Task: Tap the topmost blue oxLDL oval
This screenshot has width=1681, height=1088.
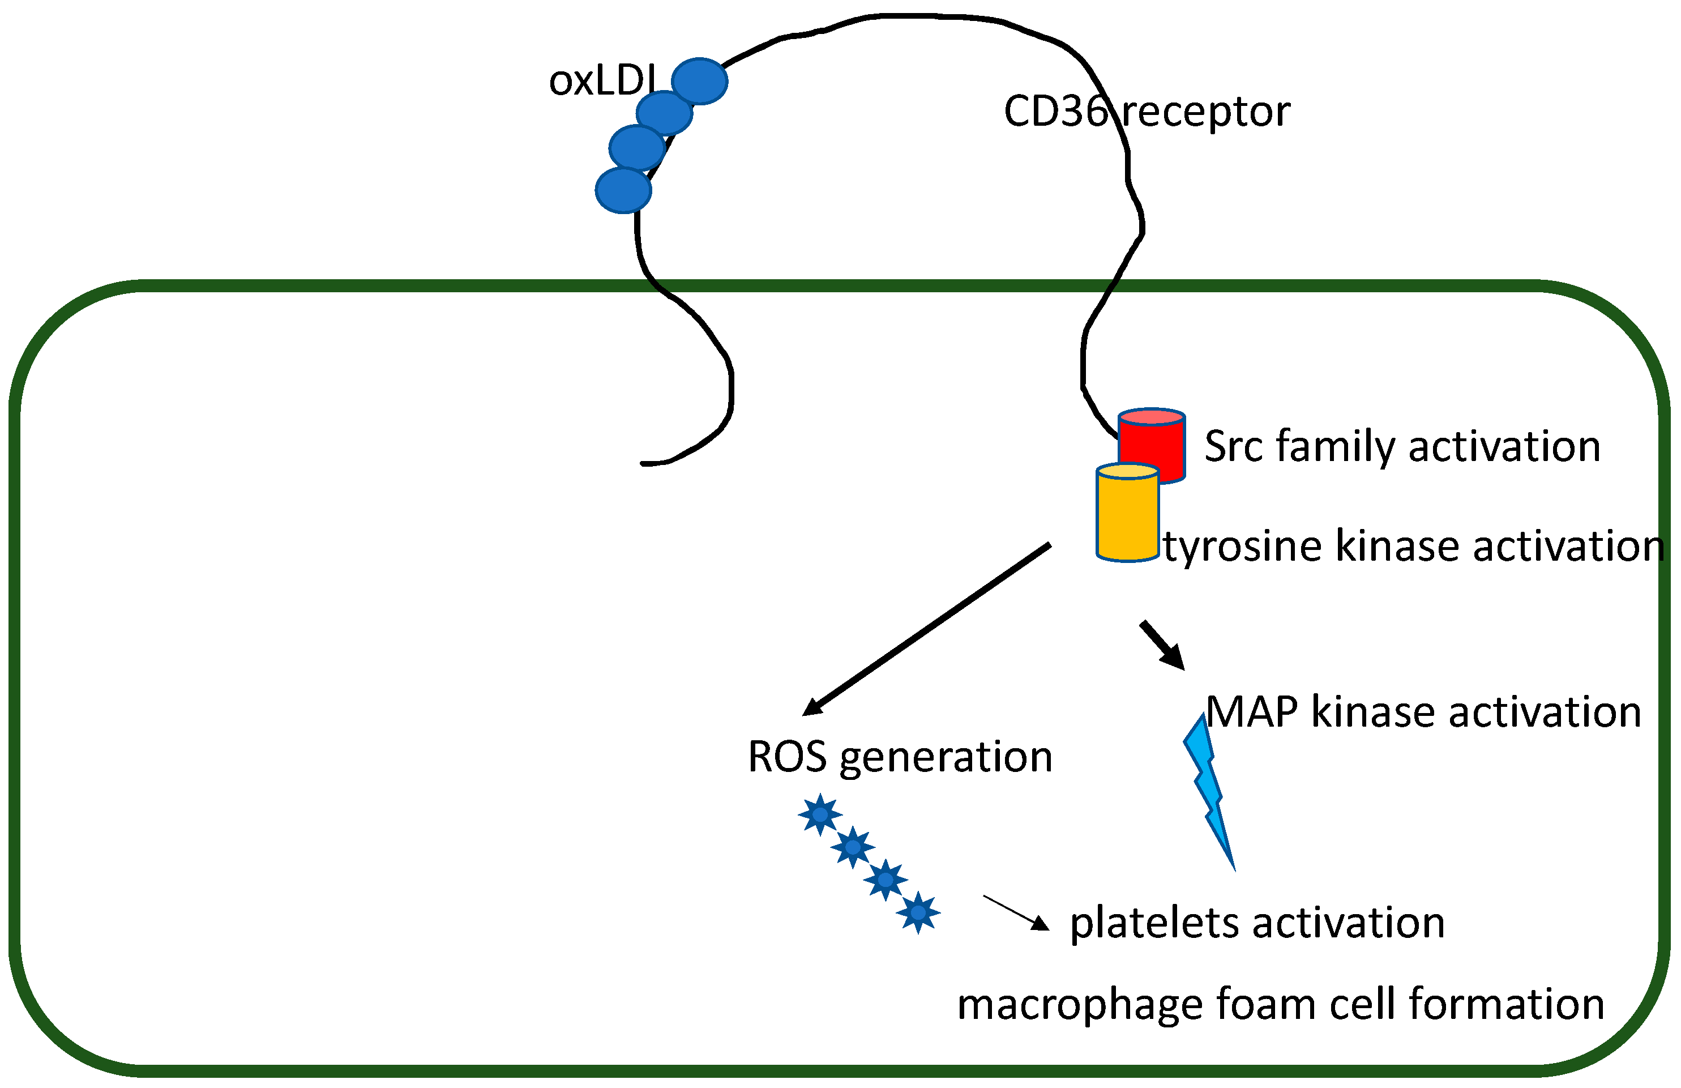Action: click(x=699, y=81)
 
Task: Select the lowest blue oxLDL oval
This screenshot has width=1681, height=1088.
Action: click(x=623, y=190)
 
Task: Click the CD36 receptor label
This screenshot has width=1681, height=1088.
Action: click(x=1147, y=112)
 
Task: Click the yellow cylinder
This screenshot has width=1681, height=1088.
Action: click(x=1127, y=513)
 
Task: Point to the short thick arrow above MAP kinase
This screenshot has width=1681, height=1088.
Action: click(x=1162, y=645)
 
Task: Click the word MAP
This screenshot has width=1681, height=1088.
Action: click(x=1252, y=712)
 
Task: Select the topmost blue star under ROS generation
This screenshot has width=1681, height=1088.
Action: click(x=820, y=814)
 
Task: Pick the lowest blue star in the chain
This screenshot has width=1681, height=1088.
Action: click(x=918, y=912)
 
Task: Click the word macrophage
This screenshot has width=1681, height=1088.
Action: click(x=1079, y=1005)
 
